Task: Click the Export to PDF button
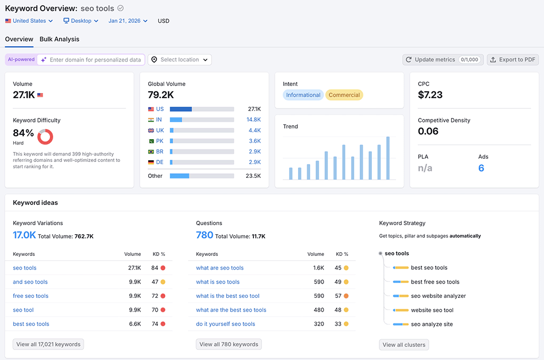click(513, 59)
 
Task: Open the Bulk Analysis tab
click(59, 39)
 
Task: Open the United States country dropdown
click(29, 21)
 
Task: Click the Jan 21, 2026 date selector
click(127, 21)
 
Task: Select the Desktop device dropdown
click(81, 21)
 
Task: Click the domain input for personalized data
click(95, 60)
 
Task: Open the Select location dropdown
click(180, 59)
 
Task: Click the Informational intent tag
click(303, 95)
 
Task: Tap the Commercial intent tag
click(344, 95)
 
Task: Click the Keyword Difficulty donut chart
click(45, 136)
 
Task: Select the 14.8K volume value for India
click(253, 119)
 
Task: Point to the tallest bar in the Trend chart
click(388, 158)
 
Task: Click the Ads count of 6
click(481, 168)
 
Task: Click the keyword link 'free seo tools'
click(31, 296)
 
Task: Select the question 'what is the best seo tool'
click(227, 296)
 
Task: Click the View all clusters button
click(404, 345)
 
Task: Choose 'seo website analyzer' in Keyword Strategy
click(438, 296)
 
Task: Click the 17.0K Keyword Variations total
click(24, 235)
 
